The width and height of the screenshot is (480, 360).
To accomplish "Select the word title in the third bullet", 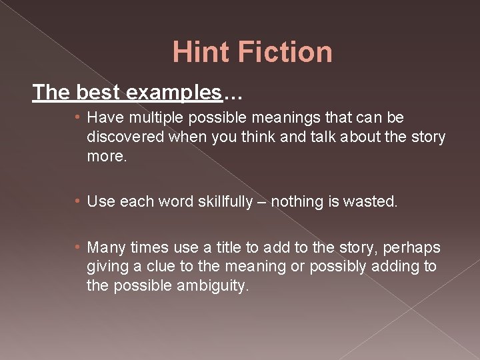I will [225, 248].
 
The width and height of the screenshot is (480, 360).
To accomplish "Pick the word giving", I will [107, 267].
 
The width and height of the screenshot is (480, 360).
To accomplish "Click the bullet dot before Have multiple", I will [78, 119].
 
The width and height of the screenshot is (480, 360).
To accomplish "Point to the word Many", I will [107, 248].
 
